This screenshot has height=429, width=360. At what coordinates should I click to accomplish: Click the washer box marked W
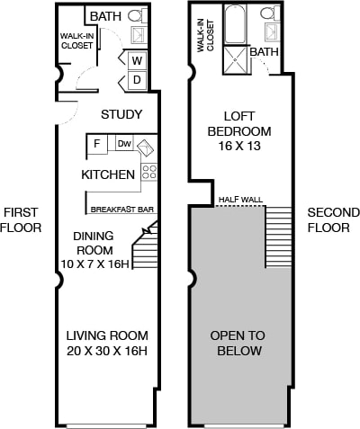[137, 61]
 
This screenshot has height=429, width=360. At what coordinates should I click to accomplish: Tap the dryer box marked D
[137, 80]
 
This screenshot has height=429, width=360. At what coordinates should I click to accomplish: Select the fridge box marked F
[97, 144]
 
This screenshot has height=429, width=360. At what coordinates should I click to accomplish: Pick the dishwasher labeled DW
[124, 143]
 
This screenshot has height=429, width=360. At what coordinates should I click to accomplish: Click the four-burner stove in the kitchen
[148, 172]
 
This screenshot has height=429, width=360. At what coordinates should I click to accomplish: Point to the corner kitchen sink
[146, 147]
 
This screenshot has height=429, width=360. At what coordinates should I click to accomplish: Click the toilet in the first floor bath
[138, 15]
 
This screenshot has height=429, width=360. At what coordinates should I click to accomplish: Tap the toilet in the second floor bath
[268, 13]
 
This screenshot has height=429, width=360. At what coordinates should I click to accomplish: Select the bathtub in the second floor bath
[236, 25]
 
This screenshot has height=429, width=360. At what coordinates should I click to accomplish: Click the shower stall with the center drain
[236, 60]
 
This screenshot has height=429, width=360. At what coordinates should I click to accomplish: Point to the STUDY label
[121, 114]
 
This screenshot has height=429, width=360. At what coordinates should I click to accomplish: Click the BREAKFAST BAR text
[122, 210]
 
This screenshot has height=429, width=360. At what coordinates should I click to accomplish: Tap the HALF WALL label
[240, 200]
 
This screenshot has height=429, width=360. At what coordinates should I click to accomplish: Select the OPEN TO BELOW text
[238, 343]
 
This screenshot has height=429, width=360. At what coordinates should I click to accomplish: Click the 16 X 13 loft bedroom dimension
[239, 147]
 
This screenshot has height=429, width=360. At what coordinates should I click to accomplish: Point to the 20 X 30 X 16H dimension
[107, 351]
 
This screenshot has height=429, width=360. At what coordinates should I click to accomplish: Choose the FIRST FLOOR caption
[21, 220]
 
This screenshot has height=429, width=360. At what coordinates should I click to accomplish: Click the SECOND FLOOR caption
[334, 220]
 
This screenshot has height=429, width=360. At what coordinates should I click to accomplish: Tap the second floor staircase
[278, 237]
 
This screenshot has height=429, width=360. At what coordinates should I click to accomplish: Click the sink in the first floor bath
[139, 34]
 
